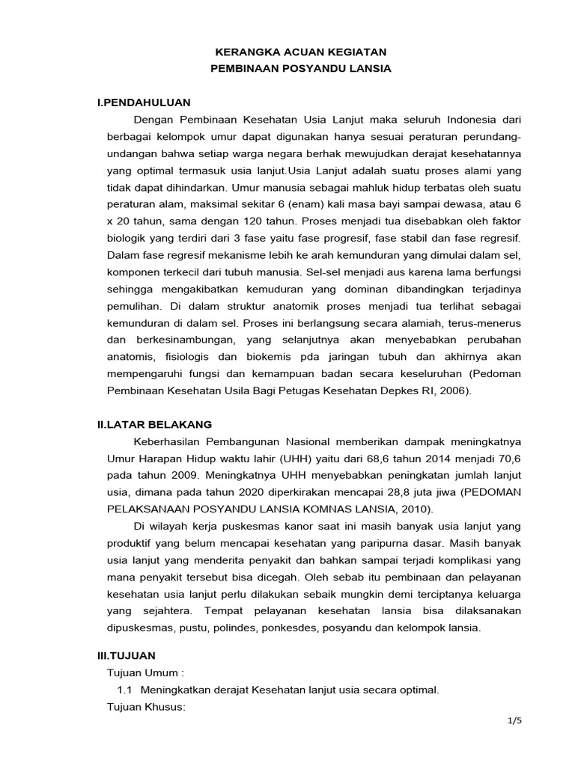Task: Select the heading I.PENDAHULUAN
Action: click(x=144, y=102)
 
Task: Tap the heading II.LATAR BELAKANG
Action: click(x=154, y=423)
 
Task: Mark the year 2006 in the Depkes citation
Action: click(x=449, y=390)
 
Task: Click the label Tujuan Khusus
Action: click(x=147, y=707)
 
